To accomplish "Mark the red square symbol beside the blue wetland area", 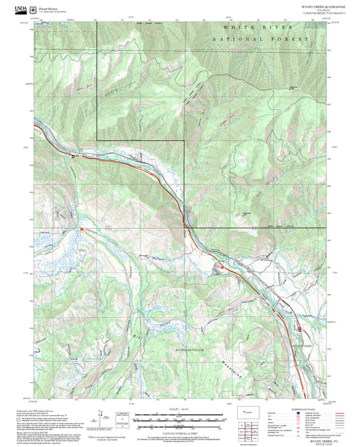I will click(x=82, y=230).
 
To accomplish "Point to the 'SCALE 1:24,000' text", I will click(x=180, y=409).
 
